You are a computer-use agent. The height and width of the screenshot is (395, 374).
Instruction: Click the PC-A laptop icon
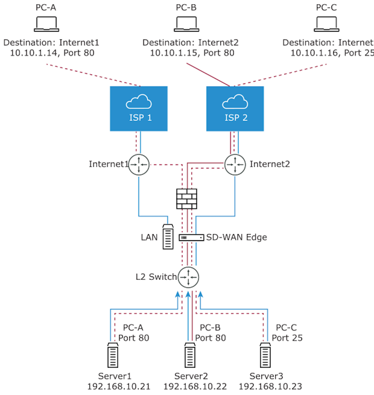click(x=46, y=24)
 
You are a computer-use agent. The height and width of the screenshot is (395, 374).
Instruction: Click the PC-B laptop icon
click(x=186, y=24)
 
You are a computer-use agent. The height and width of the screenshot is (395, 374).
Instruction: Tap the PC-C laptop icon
click(x=326, y=24)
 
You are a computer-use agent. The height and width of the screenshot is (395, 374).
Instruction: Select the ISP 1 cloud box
click(x=139, y=109)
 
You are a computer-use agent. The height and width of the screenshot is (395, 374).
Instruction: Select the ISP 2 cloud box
click(x=235, y=109)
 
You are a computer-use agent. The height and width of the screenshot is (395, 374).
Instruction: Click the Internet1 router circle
click(x=139, y=164)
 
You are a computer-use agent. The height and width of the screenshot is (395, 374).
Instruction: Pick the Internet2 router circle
click(x=235, y=164)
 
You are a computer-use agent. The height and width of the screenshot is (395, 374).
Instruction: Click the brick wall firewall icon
click(x=187, y=199)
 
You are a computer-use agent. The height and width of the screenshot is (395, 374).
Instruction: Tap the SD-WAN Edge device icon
click(x=191, y=237)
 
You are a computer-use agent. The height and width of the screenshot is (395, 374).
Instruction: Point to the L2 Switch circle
click(x=188, y=277)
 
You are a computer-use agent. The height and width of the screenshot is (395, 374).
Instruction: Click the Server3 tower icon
click(x=265, y=356)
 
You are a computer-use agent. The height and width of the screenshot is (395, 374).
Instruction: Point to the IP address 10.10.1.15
click(x=171, y=52)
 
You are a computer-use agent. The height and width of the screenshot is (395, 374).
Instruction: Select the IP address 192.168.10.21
click(x=119, y=386)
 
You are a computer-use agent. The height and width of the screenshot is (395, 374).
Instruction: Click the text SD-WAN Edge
click(x=237, y=237)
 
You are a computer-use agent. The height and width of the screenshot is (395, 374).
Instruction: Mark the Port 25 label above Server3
click(x=287, y=338)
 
